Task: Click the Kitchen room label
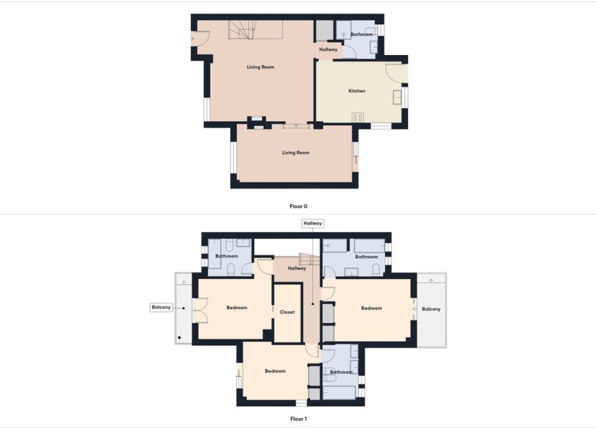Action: [356, 91]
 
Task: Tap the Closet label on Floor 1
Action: [287, 312]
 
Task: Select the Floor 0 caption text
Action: [298, 206]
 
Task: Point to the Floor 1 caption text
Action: [298, 418]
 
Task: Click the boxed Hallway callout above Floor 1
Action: [313, 223]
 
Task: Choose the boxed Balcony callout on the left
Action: [161, 307]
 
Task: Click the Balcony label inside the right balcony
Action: [431, 309]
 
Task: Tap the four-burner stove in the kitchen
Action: [358, 117]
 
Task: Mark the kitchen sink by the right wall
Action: [397, 96]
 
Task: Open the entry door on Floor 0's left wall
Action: [196, 39]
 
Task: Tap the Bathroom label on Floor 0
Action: [362, 34]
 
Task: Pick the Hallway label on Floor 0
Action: [328, 50]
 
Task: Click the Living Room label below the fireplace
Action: [296, 152]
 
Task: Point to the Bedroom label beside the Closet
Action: [236, 308]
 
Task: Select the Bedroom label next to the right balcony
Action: [371, 308]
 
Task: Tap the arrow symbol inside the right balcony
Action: [431, 280]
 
